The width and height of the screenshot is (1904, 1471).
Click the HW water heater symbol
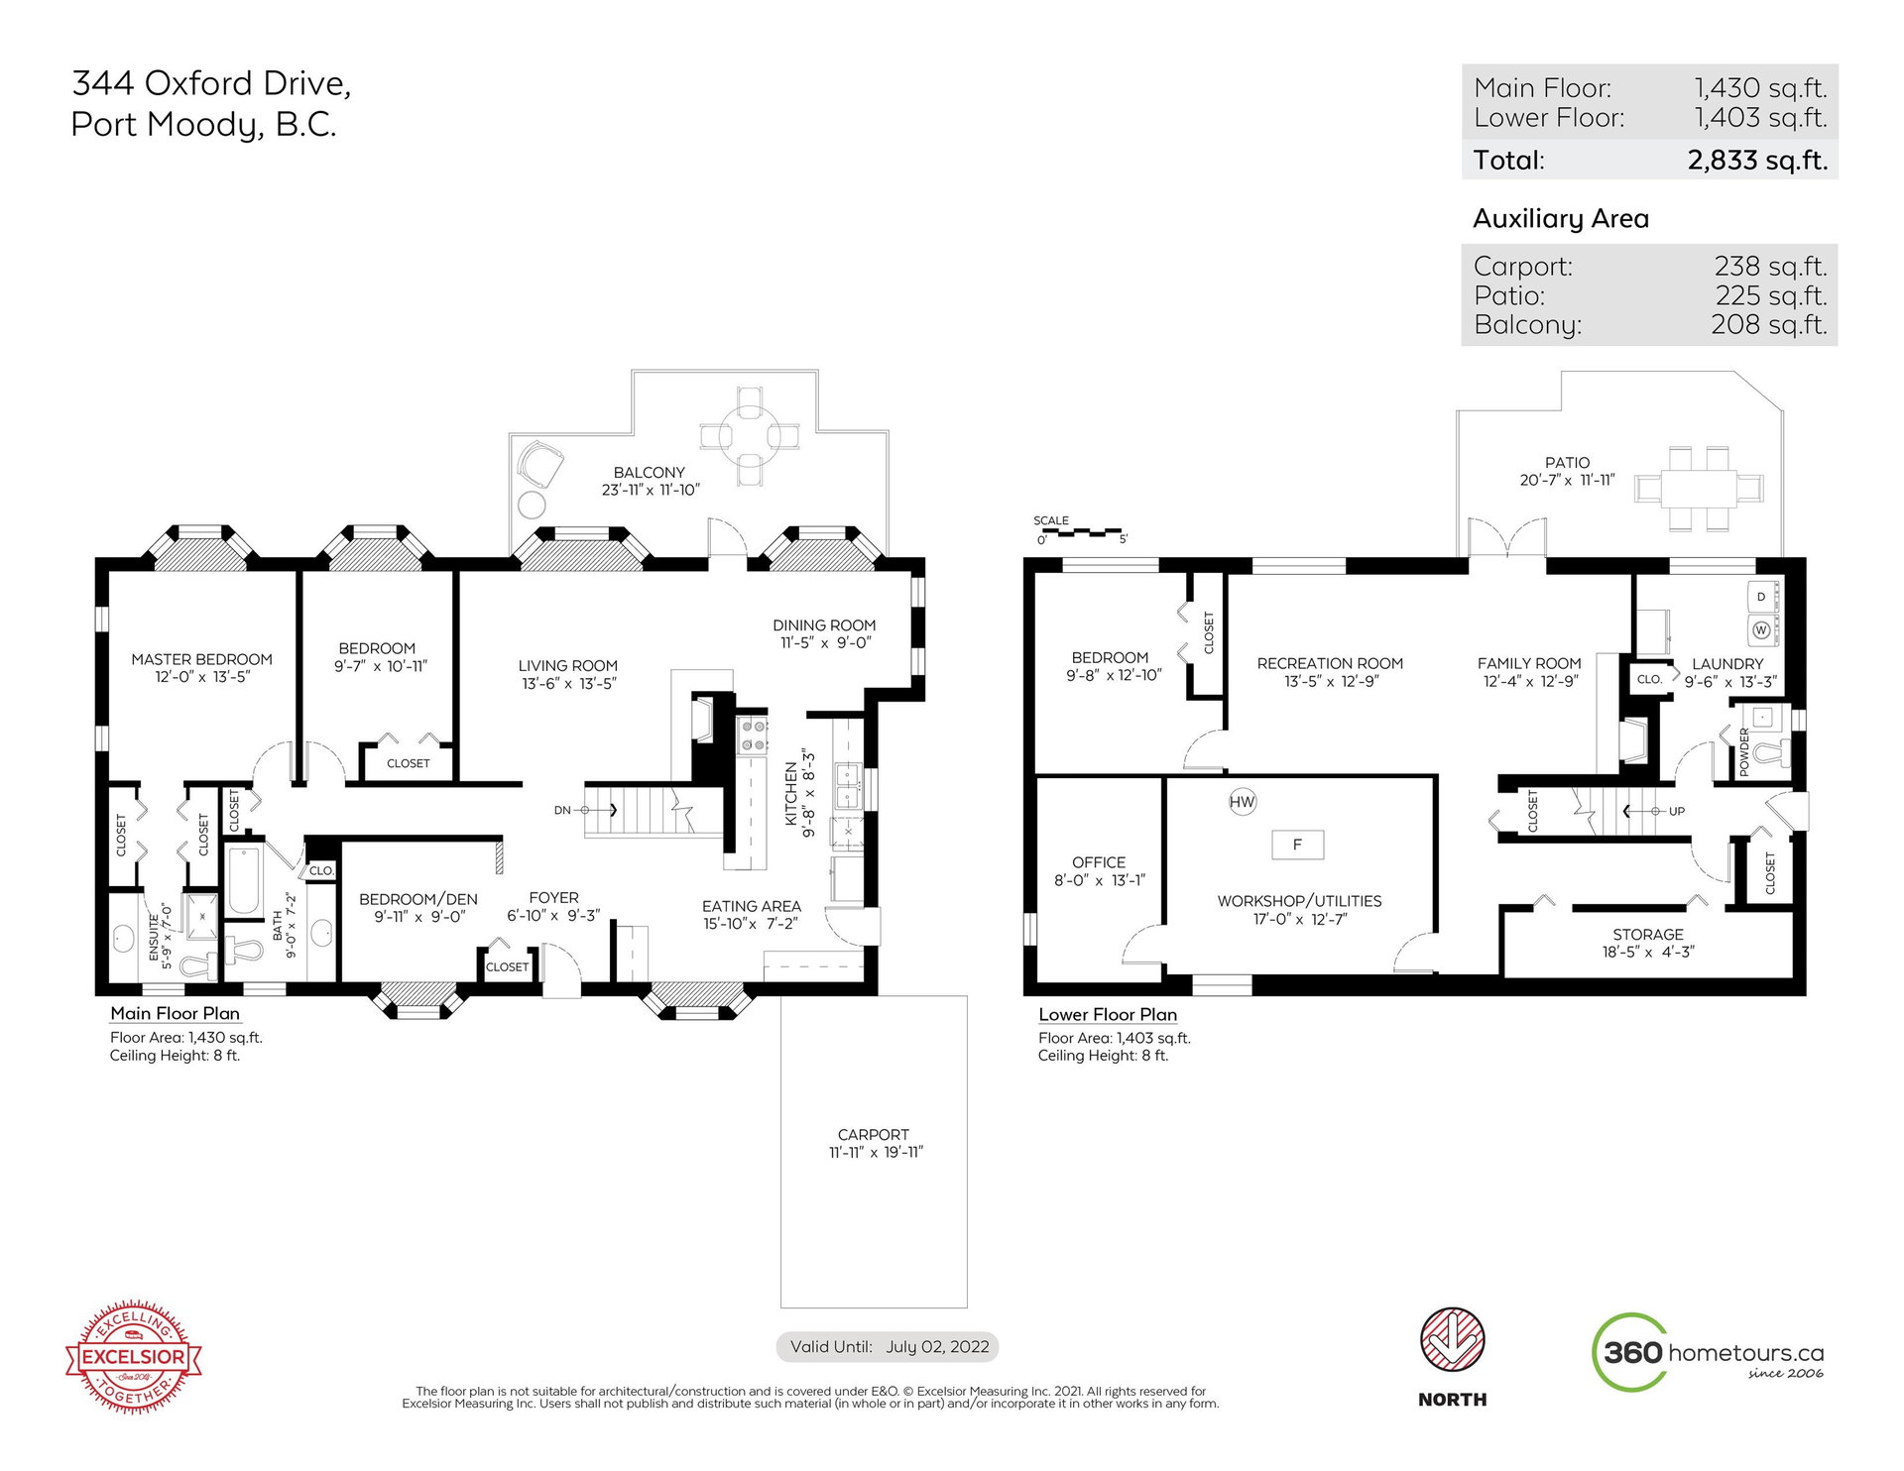(1242, 802)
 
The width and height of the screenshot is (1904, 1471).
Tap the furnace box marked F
(1297, 845)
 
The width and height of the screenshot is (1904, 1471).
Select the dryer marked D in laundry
(1762, 597)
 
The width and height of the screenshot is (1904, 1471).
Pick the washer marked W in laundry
(1762, 629)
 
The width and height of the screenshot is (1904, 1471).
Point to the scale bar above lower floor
(1082, 533)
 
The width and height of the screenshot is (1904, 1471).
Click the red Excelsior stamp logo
(134, 1356)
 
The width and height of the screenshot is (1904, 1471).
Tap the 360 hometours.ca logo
(1708, 1352)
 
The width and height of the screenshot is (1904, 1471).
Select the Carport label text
(873, 1134)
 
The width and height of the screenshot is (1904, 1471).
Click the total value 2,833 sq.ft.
(1757, 161)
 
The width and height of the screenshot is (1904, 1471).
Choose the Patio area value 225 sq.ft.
(1771, 295)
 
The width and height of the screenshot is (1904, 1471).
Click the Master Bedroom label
(201, 659)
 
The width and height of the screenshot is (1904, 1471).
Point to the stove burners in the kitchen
(752, 735)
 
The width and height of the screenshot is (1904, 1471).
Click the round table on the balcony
(750, 435)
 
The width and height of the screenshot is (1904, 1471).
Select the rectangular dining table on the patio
(1699, 489)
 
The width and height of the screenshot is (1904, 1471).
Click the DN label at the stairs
(562, 810)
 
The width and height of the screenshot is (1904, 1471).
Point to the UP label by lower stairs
(1676, 811)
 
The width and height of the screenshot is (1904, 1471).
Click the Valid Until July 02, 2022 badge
(887, 1346)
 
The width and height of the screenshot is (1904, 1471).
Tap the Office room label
(1099, 862)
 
